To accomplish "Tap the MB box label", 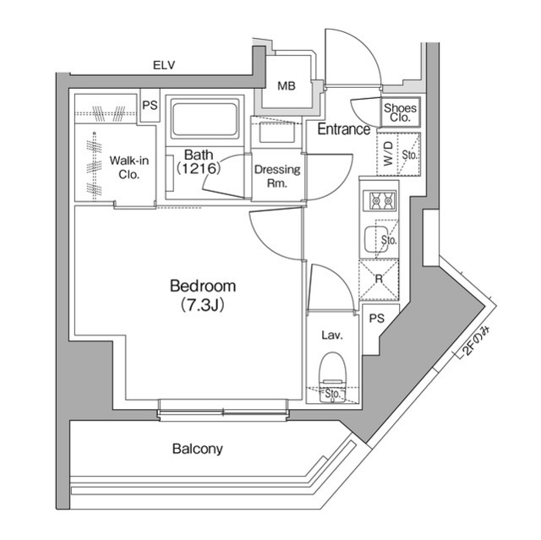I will (287, 85).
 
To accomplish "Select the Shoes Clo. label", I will (399, 112).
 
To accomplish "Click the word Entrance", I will (343, 129).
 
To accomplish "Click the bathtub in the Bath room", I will (205, 119).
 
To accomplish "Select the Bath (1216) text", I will (198, 162).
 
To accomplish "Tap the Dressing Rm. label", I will (277, 176).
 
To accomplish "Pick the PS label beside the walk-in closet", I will (150, 106).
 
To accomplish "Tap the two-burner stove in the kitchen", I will (379, 201).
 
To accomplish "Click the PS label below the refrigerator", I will (377, 319).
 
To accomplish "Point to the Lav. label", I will (331, 335).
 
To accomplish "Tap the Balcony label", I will (197, 449).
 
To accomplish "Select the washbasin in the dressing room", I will (276, 134).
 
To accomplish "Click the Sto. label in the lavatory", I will (332, 393).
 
